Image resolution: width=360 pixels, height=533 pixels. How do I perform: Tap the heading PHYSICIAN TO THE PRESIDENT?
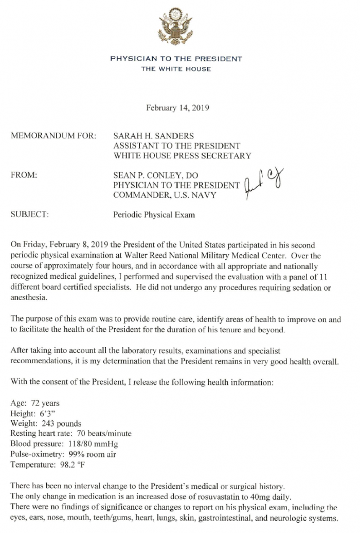pos(176,59)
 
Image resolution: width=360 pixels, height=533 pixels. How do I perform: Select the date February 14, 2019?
pos(177,108)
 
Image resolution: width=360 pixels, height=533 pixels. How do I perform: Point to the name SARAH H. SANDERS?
pos(154,136)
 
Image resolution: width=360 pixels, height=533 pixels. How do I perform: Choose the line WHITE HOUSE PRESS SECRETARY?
pos(182,155)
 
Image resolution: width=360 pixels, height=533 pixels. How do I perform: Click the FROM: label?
pos(24,175)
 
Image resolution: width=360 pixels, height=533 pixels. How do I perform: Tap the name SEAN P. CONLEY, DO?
pos(156,175)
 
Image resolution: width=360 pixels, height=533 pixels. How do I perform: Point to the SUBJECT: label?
pos(30,215)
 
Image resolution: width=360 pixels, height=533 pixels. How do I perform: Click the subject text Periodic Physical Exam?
pos(154,215)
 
